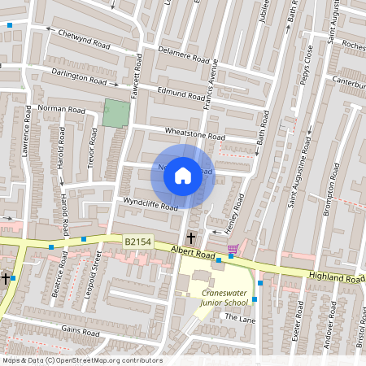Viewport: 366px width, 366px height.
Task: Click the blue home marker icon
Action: (x=183, y=175)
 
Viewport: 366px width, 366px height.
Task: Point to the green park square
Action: (x=116, y=113)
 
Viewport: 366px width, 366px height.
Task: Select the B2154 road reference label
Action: (x=139, y=242)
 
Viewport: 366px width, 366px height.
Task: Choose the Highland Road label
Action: (x=337, y=278)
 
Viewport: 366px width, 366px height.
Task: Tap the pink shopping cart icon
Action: (x=233, y=248)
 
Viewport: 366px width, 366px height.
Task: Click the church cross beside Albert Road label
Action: (x=190, y=238)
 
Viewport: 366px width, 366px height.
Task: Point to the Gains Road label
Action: (x=80, y=332)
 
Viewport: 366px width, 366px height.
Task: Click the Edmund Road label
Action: (x=181, y=94)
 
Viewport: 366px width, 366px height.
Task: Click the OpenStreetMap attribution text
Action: (x=81, y=360)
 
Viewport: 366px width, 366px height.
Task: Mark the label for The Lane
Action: (x=241, y=319)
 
